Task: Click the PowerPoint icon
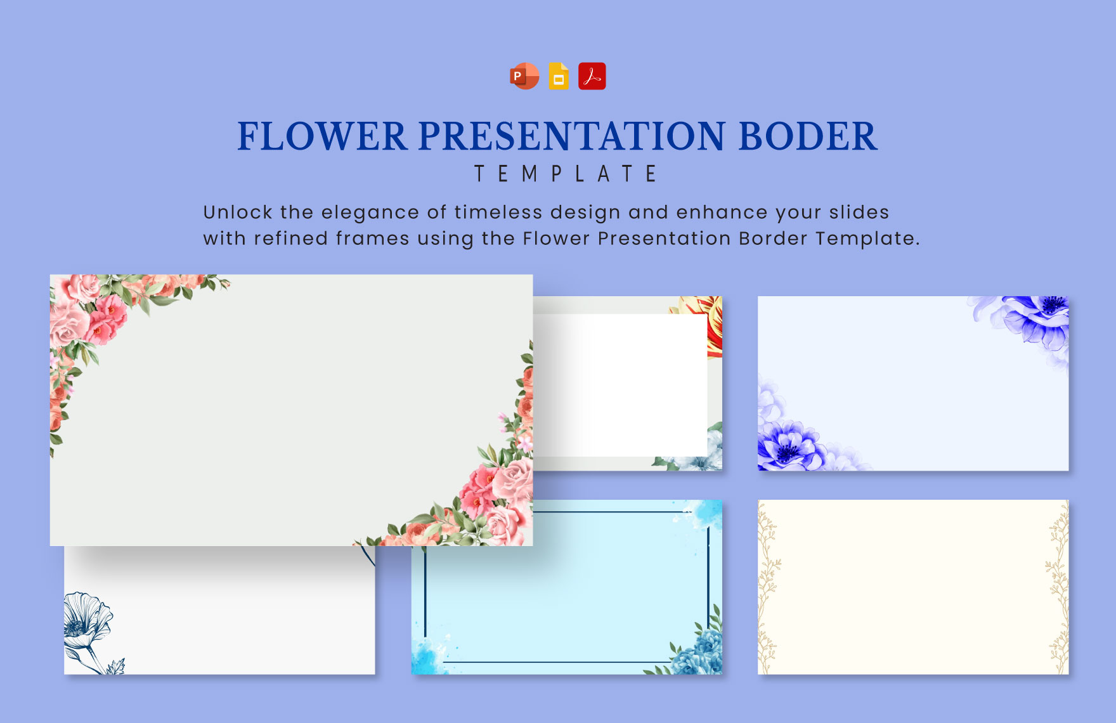pos(524,76)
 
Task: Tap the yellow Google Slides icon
pos(559,76)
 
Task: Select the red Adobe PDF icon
pos(592,76)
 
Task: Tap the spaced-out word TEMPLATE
pos(566,174)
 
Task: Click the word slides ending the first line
pos(859,212)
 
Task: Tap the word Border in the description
pos(773,238)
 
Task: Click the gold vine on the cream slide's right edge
pos(1058,587)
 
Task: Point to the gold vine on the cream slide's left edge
pos(769,587)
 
